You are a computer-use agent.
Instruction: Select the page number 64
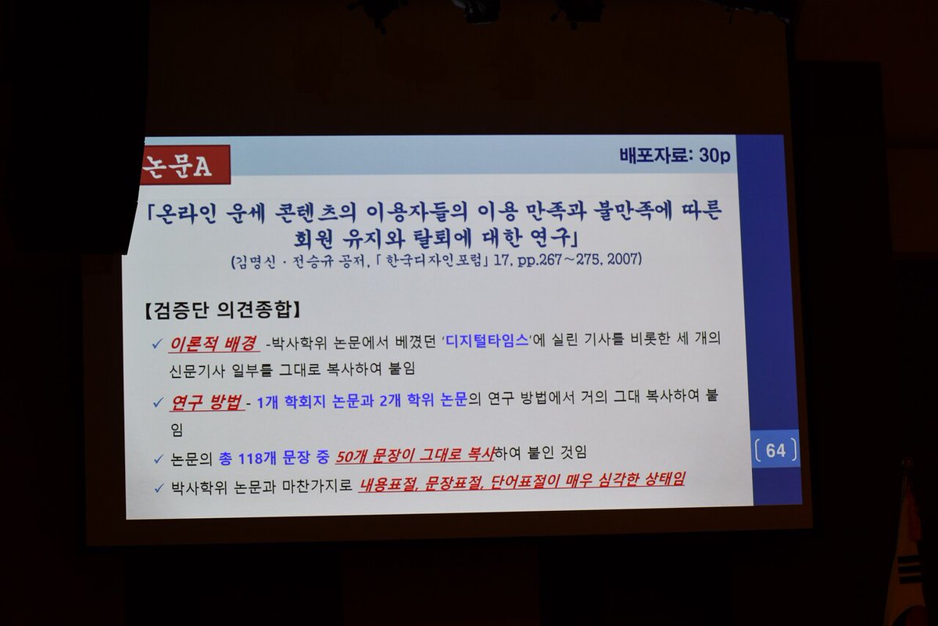[775, 451]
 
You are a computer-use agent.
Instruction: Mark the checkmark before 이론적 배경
[159, 345]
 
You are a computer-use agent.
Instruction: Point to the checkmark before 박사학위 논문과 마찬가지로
[159, 487]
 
